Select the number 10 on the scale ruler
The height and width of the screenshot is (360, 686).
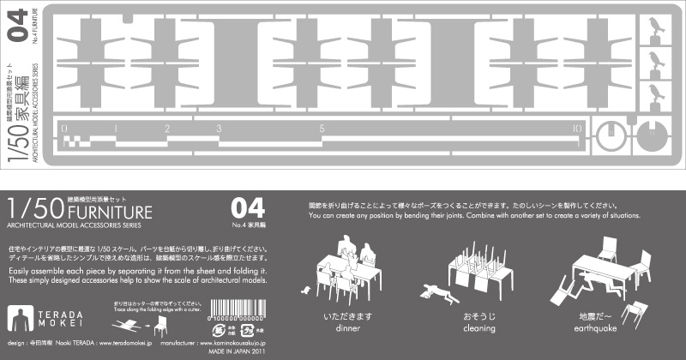pyautogui.click(x=577, y=129)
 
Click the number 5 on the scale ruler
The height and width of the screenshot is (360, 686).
pyautogui.click(x=322, y=129)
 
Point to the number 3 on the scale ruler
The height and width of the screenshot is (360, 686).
pyautogui.click(x=220, y=129)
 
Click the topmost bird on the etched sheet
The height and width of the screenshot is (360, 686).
pyautogui.click(x=658, y=25)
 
